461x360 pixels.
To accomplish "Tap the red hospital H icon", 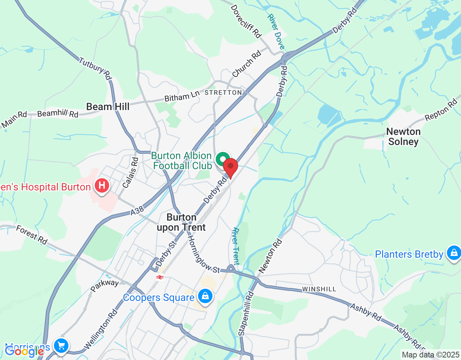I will coord(102,186).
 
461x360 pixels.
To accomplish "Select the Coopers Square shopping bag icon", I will coord(205,296).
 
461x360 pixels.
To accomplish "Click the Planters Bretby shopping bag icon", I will coord(453,253).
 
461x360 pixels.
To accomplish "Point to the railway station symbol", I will coord(160,277).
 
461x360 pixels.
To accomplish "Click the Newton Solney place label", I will coord(403,137).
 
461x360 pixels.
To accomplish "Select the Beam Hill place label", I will coord(108,107).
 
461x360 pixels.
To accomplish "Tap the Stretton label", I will coord(223,93).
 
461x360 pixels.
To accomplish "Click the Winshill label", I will coord(319,289).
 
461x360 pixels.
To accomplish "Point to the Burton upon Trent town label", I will coord(181,222).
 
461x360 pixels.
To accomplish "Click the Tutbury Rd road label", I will coord(95,68).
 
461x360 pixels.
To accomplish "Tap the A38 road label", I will coord(137,211).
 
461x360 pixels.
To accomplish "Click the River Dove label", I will coord(276,32).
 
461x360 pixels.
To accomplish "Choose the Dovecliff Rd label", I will coord(246,21).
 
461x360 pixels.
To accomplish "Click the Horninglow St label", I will coord(203,254).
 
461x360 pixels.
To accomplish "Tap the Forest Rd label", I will coord(32,235).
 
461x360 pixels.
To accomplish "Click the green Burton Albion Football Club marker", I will coord(223,159).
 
